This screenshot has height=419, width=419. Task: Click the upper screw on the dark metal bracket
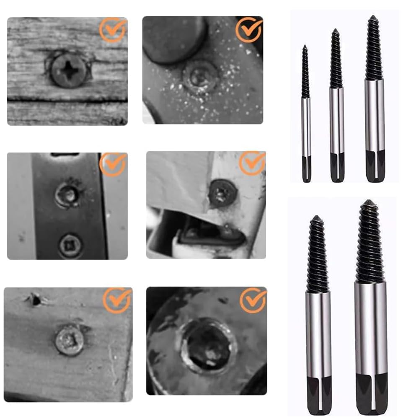(67, 195)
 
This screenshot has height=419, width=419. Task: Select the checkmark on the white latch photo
(253, 163)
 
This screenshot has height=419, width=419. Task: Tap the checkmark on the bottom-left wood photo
(117, 300)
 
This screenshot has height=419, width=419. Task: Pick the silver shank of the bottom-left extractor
(318, 331)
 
